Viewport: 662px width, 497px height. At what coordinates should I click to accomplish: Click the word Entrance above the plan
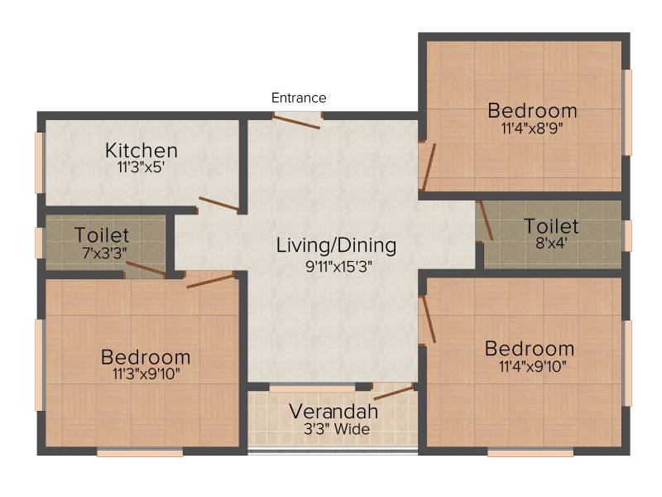click(299, 98)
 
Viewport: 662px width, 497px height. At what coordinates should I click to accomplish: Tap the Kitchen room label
click(142, 151)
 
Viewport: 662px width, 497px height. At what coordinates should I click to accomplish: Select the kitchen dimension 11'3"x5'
click(141, 167)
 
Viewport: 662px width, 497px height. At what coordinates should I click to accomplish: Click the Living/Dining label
click(337, 245)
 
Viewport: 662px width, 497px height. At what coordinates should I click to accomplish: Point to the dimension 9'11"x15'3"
click(338, 267)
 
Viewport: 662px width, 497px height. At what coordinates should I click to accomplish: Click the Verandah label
click(333, 411)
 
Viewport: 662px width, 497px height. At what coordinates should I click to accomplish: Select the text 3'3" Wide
click(337, 429)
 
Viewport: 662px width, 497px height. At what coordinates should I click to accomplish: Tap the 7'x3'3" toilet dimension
click(104, 253)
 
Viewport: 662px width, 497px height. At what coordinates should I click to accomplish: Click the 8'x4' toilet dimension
click(551, 243)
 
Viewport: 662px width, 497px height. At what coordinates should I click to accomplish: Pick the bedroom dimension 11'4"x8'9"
click(532, 128)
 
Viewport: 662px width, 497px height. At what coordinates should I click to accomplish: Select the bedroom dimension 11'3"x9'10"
click(146, 374)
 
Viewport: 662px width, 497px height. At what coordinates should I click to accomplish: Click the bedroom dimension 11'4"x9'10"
click(533, 366)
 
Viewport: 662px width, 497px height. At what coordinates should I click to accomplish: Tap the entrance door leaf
click(296, 121)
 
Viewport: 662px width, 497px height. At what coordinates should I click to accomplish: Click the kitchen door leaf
click(218, 203)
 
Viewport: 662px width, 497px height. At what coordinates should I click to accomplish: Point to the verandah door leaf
click(395, 393)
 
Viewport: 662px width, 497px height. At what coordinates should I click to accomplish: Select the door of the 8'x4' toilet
click(486, 220)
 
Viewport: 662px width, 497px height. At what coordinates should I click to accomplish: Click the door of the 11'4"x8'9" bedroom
click(429, 167)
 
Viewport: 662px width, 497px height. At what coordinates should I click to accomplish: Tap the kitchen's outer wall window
click(39, 162)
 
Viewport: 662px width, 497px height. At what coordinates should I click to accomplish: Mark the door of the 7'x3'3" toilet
click(146, 268)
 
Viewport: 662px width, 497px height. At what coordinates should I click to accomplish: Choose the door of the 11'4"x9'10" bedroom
click(429, 319)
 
